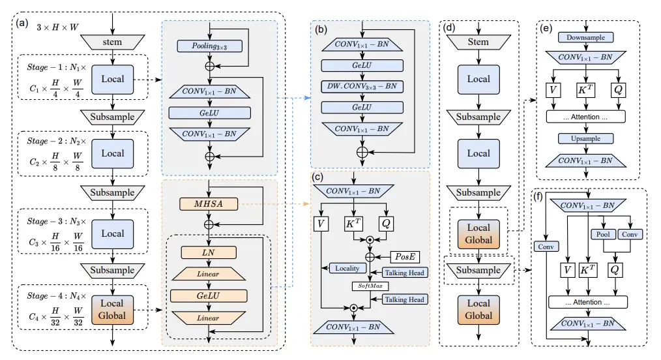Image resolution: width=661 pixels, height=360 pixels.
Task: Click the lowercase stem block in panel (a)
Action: click(113, 42)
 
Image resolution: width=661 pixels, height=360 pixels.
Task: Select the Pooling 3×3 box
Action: click(209, 46)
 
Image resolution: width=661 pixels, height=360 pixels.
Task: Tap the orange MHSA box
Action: click(209, 204)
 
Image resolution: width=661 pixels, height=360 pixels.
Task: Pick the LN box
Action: click(209, 252)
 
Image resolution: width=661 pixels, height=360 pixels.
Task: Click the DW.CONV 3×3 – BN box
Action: click(362, 87)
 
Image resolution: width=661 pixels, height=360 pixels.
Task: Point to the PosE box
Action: click(405, 257)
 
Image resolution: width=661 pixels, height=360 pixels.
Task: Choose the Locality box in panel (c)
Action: click(347, 269)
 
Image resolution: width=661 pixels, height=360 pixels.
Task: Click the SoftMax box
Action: click(370, 286)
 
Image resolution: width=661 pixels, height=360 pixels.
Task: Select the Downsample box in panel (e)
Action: click(585, 38)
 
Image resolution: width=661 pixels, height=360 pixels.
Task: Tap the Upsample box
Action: click(585, 139)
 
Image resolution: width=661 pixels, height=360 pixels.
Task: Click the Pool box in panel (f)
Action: click(603, 234)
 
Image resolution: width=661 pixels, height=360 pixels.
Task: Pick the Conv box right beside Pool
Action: click(630, 234)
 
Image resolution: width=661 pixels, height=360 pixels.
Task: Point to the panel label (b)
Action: click(321, 29)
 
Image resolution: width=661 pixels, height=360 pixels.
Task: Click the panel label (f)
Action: click(538, 197)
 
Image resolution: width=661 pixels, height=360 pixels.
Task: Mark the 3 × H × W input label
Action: click(57, 27)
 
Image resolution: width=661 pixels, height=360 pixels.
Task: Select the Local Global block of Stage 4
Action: click(112, 310)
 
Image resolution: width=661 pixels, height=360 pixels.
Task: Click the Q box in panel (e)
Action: click(618, 90)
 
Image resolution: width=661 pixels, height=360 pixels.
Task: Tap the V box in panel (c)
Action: click(321, 224)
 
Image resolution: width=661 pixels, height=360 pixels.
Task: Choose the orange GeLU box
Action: click(209, 296)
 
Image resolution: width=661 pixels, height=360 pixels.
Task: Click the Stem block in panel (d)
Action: click(478, 42)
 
